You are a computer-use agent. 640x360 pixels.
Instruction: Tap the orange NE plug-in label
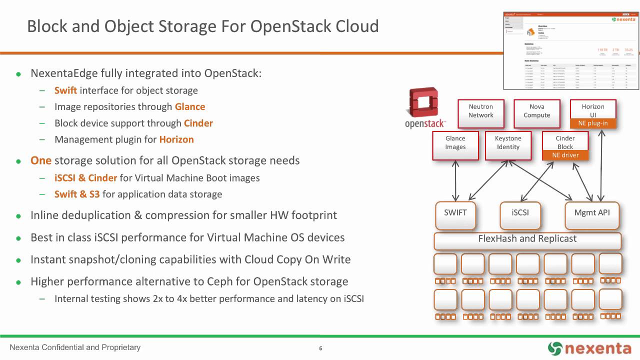[593, 123]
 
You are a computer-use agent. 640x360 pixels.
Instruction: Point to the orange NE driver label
[565, 155]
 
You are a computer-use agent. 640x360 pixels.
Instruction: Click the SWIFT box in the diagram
[455, 213]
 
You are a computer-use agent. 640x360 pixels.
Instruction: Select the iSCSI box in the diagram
[520, 213]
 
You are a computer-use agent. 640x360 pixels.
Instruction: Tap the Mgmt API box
[592, 213]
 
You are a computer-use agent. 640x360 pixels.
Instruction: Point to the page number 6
[320, 348]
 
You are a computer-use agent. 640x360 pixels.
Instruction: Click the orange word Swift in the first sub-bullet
[65, 90]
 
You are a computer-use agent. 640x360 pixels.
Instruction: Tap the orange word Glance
[189, 107]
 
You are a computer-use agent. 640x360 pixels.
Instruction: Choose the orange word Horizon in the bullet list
[176, 140]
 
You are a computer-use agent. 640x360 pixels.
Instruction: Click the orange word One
[41, 161]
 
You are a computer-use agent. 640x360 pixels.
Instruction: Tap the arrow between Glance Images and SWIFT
[456, 180]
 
